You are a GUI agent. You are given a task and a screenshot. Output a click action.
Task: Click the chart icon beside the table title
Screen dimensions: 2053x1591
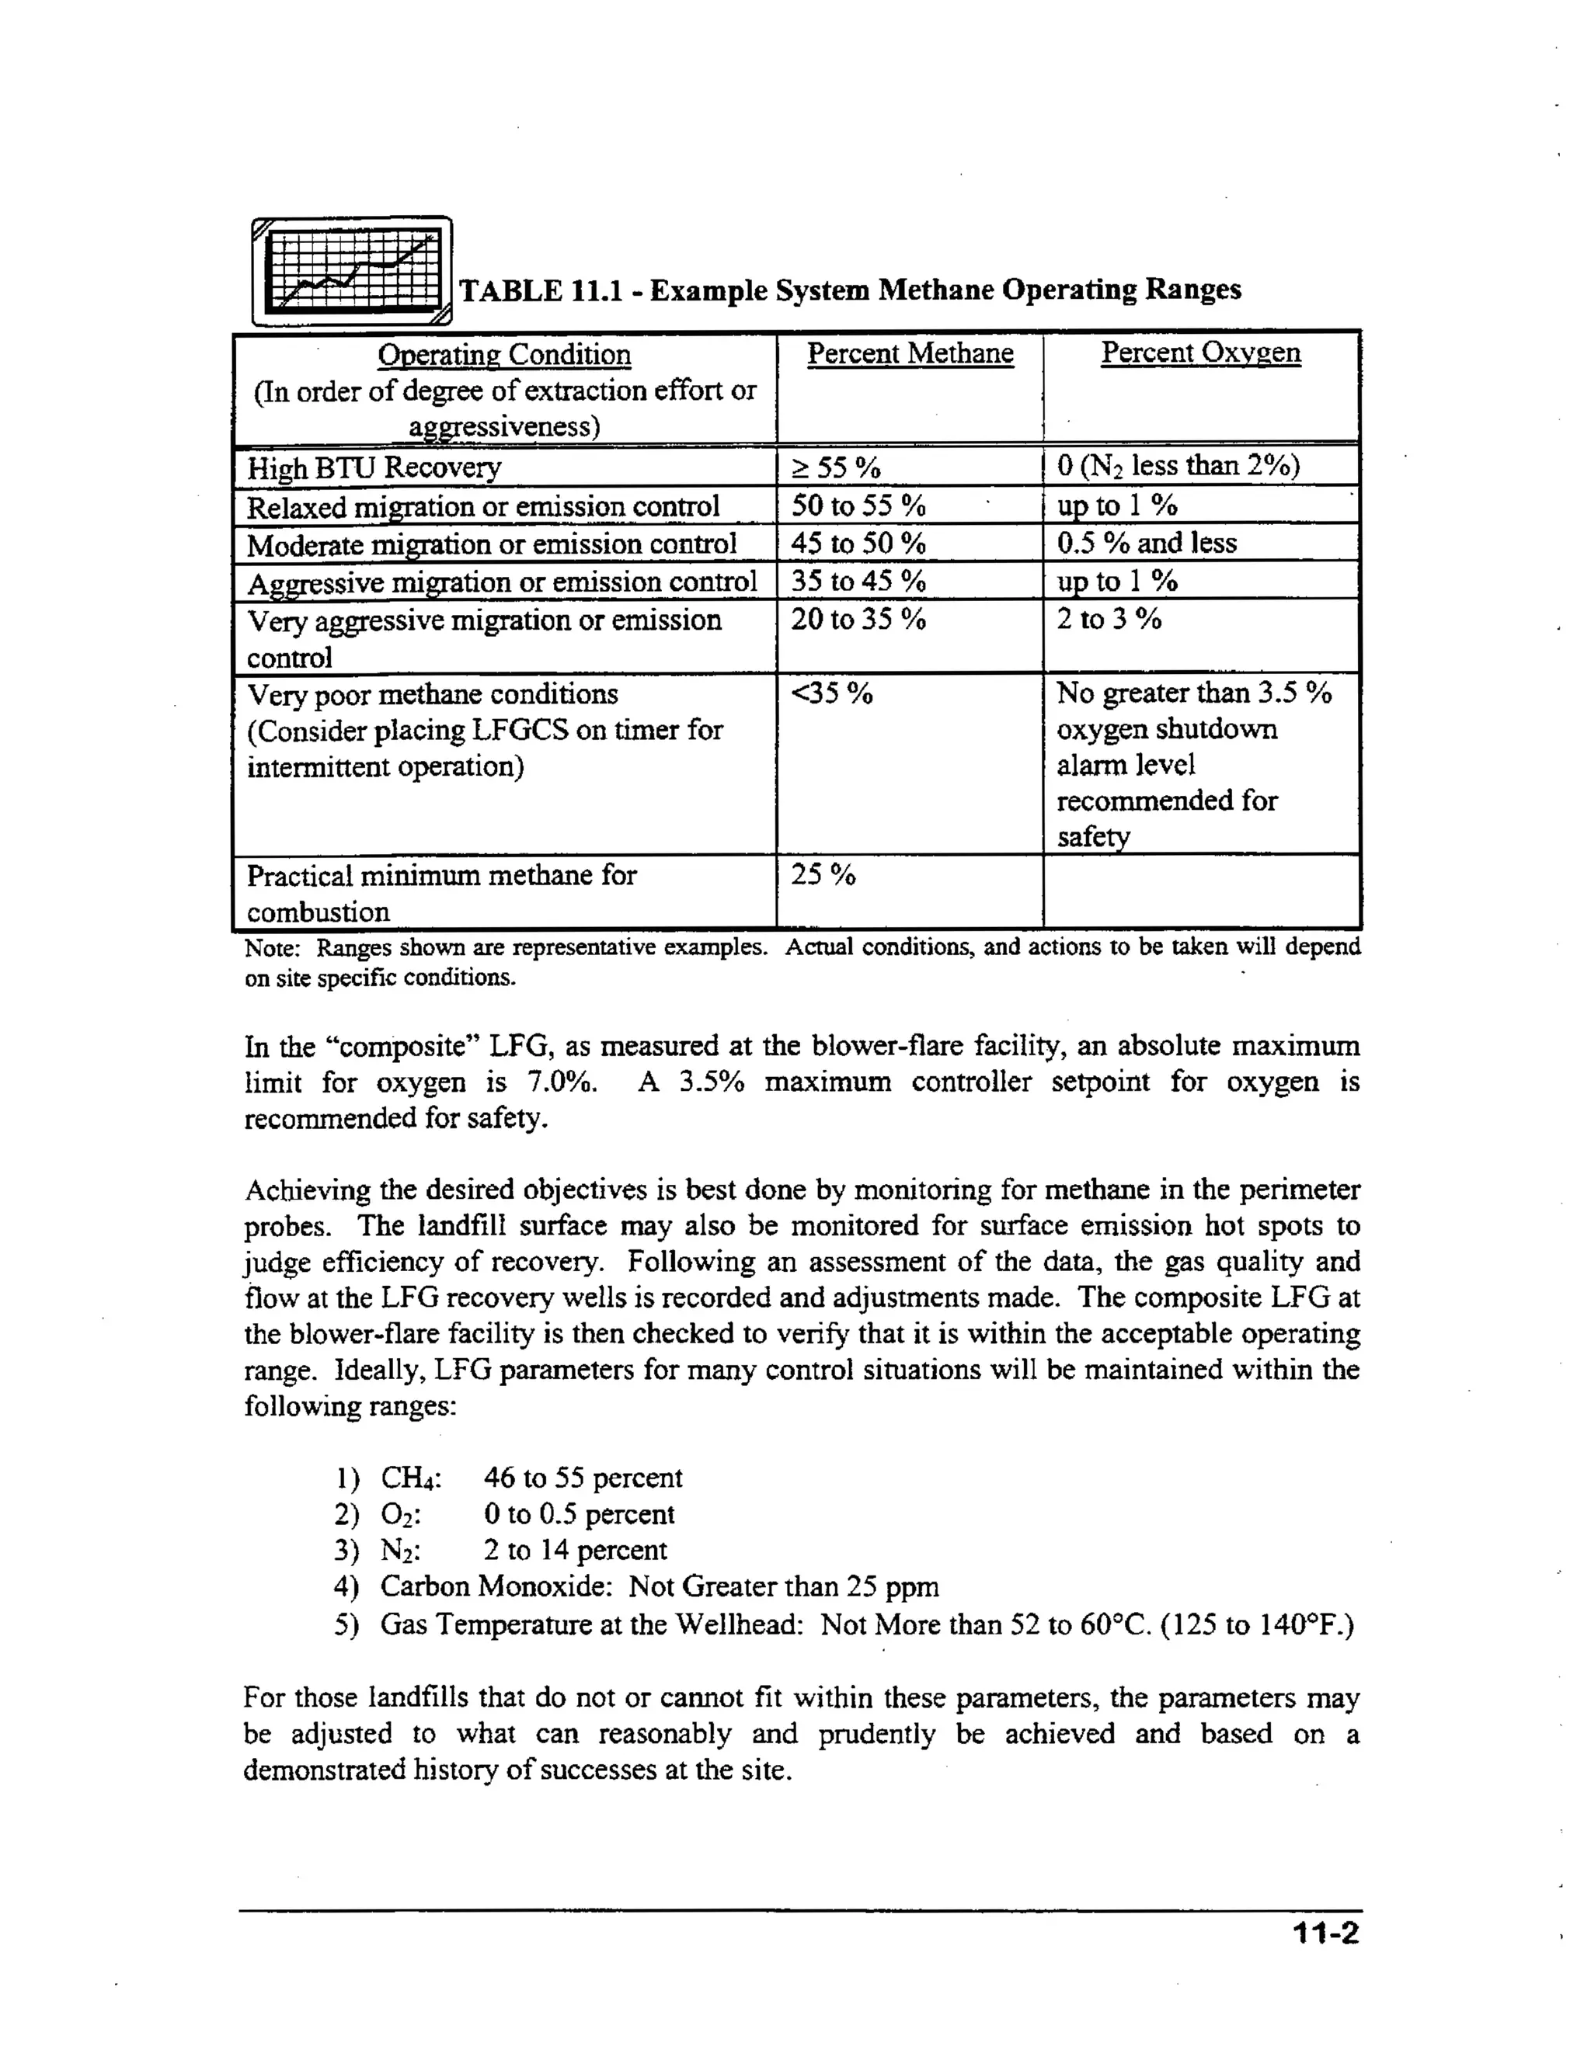click(353, 272)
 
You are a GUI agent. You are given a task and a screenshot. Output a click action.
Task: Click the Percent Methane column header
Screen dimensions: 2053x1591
click(910, 353)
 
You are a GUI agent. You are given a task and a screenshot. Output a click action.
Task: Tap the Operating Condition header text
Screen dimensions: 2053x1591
click(504, 356)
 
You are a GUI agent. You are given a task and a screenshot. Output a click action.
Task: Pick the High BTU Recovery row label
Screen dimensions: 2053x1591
click(374, 467)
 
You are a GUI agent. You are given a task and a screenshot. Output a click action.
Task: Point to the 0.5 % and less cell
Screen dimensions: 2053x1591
click(1146, 544)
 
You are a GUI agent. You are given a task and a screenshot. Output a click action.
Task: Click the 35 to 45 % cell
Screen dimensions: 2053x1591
click(858, 581)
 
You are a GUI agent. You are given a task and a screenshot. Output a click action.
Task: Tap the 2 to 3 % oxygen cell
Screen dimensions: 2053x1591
click(1109, 620)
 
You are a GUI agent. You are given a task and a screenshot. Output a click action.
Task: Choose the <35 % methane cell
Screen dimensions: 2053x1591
click(831, 693)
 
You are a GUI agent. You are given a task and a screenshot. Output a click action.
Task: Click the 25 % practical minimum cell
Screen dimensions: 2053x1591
click(823, 875)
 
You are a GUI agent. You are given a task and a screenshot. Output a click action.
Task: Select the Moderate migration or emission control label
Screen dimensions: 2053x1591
click(491, 544)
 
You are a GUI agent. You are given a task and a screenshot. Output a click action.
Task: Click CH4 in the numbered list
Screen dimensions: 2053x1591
click(410, 1478)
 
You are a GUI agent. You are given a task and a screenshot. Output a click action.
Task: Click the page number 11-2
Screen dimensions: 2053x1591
click(1325, 1933)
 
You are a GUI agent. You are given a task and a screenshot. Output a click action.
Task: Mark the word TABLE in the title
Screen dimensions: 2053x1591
click(510, 290)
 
